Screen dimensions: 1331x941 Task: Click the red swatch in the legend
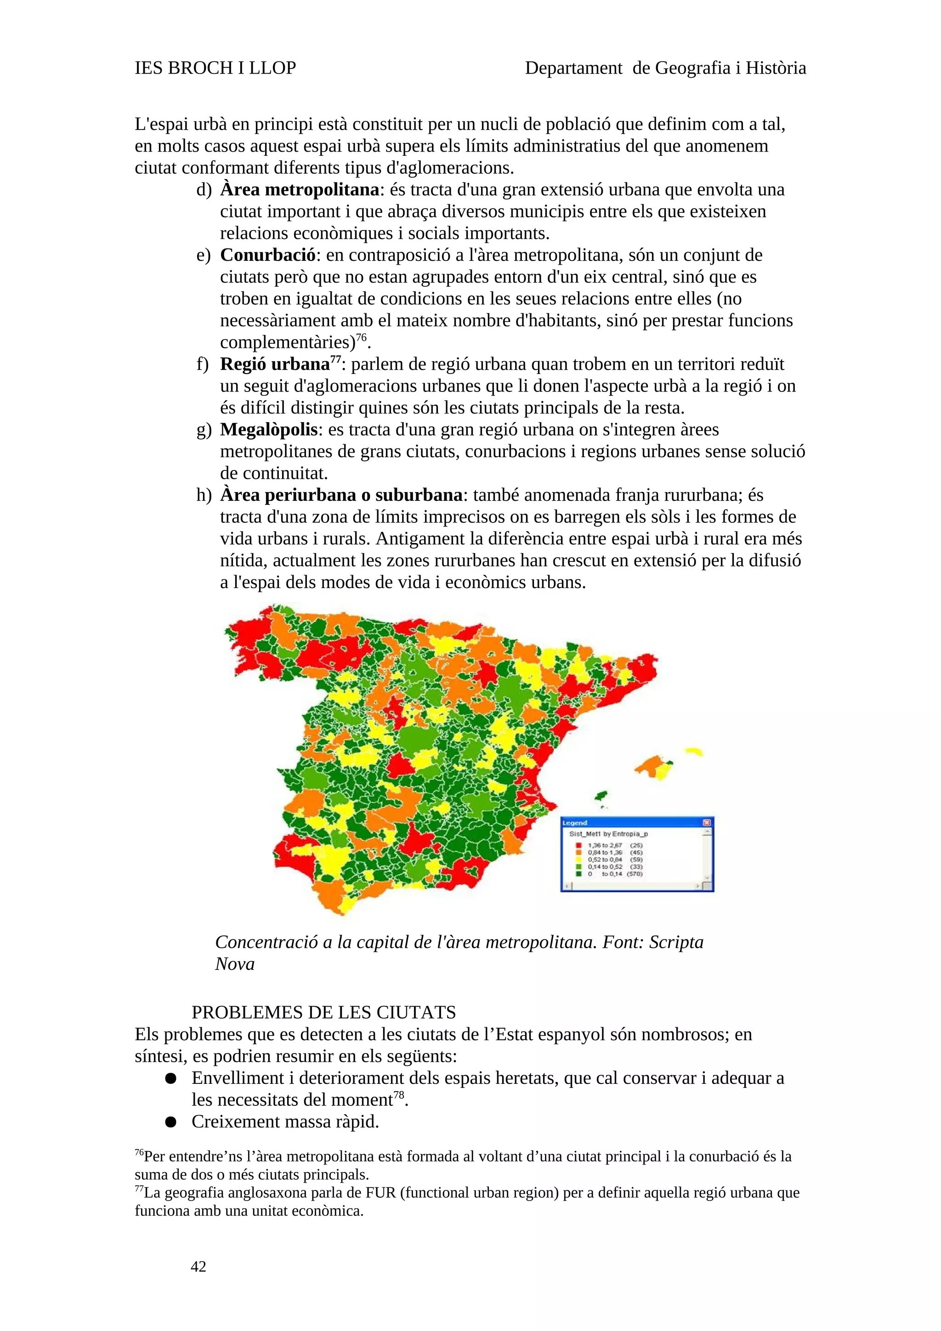click(578, 845)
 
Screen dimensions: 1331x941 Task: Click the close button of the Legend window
click(707, 822)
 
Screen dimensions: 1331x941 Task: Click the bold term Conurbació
click(268, 255)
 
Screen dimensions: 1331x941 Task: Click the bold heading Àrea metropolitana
click(299, 190)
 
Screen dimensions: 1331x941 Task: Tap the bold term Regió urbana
click(274, 364)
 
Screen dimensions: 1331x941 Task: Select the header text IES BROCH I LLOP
click(215, 68)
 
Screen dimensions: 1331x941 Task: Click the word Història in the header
click(776, 68)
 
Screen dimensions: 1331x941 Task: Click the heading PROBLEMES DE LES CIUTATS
click(323, 1012)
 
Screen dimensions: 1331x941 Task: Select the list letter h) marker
click(204, 495)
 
